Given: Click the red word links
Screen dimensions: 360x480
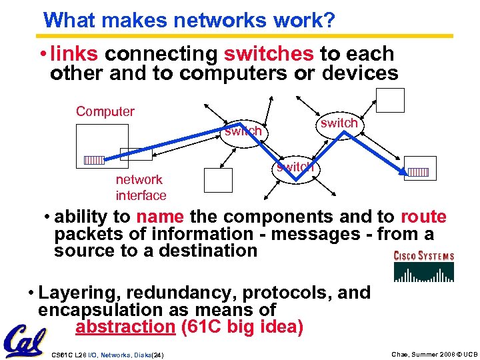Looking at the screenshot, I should pyautogui.click(x=75, y=54).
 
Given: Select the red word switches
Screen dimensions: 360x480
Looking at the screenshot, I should pyautogui.click(x=269, y=54).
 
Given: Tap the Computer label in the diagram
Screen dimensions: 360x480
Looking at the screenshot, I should pyautogui.click(x=105, y=111).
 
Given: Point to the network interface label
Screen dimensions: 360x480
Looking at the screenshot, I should pyautogui.click(x=141, y=187).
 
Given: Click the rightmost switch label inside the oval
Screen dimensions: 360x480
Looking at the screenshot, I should pyautogui.click(x=339, y=123).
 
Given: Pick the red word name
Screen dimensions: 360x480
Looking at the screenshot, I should pyautogui.click(x=160, y=217).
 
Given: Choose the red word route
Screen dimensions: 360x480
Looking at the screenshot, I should pyautogui.click(x=423, y=217).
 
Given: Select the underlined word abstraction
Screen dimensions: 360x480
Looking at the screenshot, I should pyautogui.click(x=125, y=327).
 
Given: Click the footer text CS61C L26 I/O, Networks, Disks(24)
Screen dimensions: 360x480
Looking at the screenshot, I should pyautogui.click(x=107, y=353).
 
